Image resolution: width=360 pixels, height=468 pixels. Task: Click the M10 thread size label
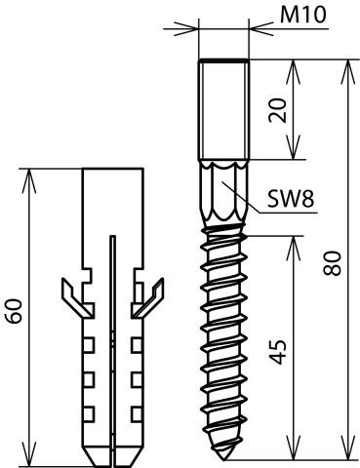click(302, 15)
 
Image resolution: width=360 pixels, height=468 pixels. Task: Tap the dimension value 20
click(278, 110)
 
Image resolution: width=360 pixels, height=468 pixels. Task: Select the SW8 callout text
click(291, 198)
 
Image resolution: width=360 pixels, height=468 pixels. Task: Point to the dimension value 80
click(333, 263)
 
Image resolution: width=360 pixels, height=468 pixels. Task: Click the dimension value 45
click(278, 352)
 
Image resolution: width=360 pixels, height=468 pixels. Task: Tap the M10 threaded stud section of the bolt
click(223, 109)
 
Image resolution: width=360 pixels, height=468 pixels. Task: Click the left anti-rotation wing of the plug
click(77, 297)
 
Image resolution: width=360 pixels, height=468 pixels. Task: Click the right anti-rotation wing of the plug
click(148, 297)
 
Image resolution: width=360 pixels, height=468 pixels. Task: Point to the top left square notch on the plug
click(89, 345)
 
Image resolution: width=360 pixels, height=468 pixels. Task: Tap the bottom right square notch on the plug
click(137, 413)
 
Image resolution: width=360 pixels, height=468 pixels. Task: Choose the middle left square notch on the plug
click(89, 379)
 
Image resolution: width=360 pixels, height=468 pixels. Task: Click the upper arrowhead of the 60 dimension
click(29, 180)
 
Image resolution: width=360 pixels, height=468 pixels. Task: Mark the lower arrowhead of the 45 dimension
click(295, 448)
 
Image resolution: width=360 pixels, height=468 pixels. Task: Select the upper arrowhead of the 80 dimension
click(348, 72)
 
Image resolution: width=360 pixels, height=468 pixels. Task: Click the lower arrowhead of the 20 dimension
click(294, 147)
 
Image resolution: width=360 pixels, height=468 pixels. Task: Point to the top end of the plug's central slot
click(112, 236)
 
